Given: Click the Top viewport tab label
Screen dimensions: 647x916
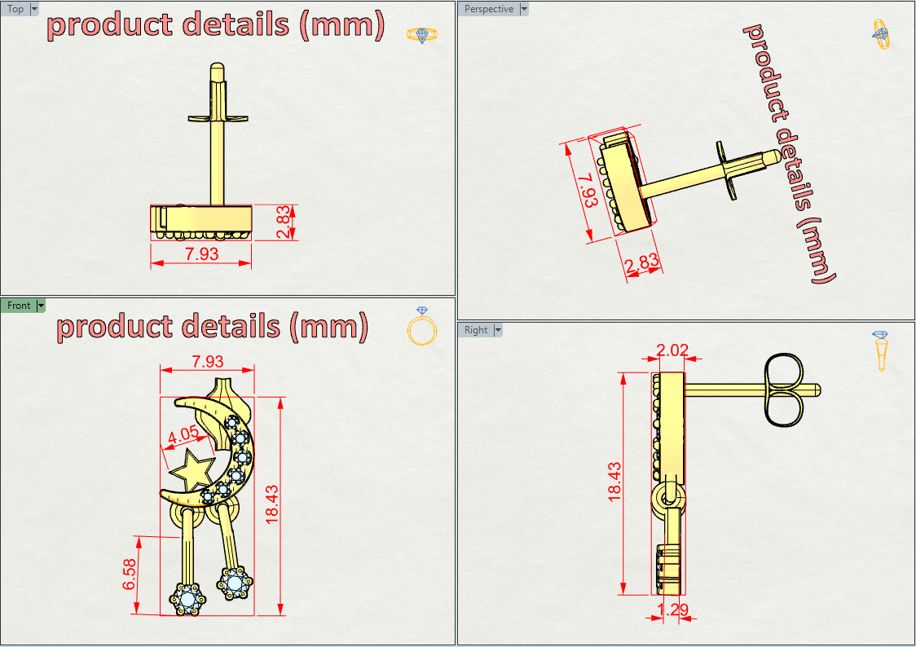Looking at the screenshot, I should click(x=15, y=9).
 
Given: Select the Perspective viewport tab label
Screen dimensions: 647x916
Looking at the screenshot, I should click(x=489, y=9).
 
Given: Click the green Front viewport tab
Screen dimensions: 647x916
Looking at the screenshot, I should click(x=18, y=306).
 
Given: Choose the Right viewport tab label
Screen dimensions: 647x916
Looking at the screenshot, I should click(x=476, y=330).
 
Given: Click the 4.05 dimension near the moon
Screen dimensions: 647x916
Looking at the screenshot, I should click(x=183, y=436).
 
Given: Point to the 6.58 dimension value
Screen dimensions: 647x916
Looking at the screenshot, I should click(x=130, y=575).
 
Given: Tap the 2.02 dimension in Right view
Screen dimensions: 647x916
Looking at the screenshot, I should click(x=672, y=350).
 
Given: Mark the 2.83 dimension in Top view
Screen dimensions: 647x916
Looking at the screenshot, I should click(x=283, y=222).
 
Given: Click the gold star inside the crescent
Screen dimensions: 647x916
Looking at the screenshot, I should click(x=192, y=470).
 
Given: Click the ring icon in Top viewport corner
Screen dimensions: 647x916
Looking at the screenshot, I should click(x=421, y=34).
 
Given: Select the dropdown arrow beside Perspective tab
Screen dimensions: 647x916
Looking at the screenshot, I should click(x=524, y=9).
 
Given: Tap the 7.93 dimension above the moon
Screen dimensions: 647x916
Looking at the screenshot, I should click(x=206, y=362).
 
